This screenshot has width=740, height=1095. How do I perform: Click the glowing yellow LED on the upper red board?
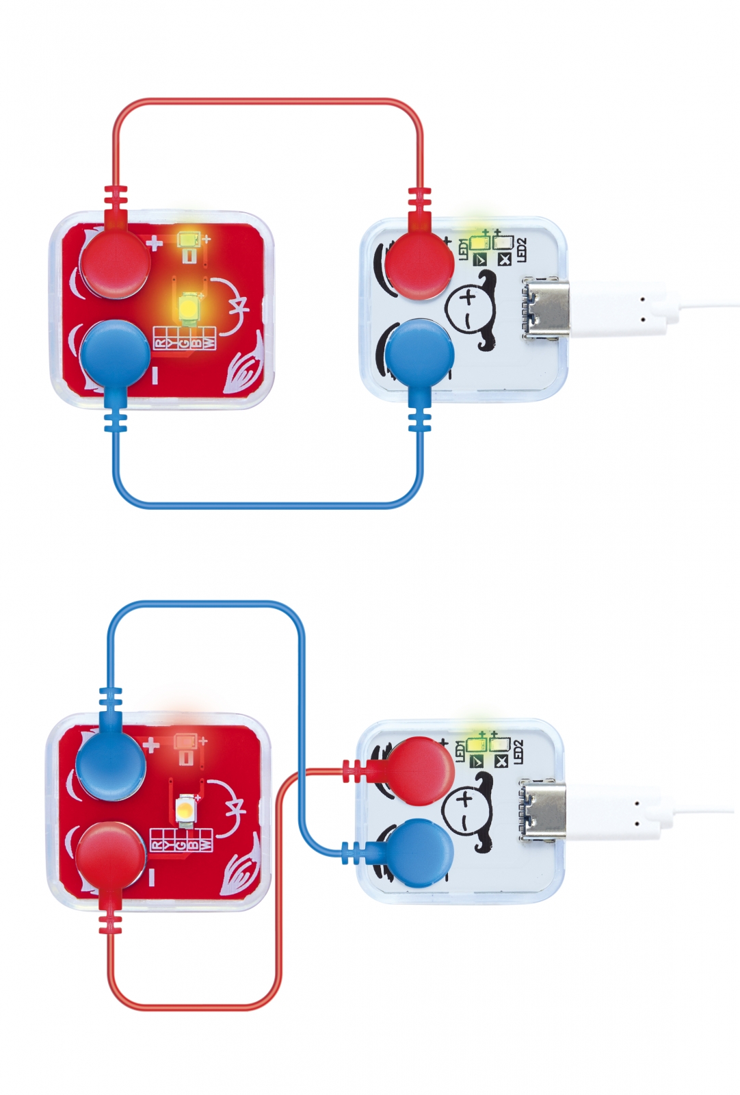click(x=189, y=307)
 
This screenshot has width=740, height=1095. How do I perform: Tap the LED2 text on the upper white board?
click(x=522, y=249)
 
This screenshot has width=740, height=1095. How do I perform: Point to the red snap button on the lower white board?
click(x=419, y=769)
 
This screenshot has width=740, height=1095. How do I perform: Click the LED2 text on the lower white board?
click(x=518, y=751)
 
